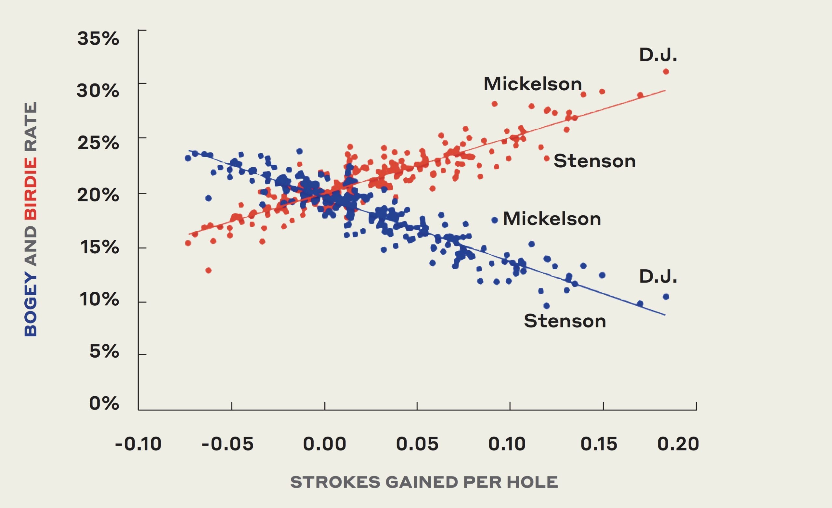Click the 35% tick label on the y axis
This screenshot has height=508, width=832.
pos(98,39)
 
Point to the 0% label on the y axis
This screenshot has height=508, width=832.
pos(104,403)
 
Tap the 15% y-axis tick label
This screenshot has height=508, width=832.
pos(99,248)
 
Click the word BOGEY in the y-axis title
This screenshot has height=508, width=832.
pos(31,305)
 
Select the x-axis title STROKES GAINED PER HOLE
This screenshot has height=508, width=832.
pos(424,482)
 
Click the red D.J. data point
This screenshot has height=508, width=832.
pos(666,71)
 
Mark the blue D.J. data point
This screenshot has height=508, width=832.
pos(666,297)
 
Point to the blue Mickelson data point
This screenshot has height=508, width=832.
pos(495,220)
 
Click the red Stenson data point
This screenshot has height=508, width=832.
pos(547,158)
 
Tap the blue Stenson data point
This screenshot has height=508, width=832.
pos(546,306)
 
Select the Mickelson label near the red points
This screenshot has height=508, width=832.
pos(532,84)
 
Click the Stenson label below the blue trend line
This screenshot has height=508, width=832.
pos(565,321)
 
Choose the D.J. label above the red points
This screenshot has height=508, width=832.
pos(658,55)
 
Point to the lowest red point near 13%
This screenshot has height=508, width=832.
pos(208,270)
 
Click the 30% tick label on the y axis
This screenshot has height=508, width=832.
pos(98,91)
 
